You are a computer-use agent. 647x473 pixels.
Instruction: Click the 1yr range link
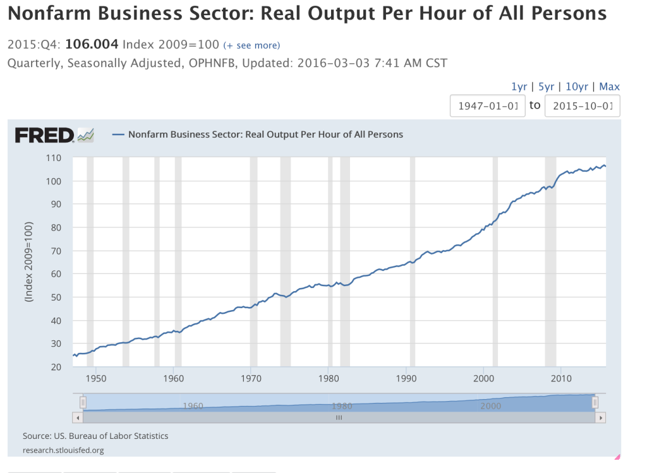pyautogui.click(x=519, y=87)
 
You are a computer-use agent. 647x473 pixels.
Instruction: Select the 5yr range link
pyautogui.click(x=546, y=87)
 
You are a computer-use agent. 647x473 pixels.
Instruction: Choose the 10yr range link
pyautogui.click(x=576, y=87)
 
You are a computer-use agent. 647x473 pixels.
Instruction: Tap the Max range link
pyautogui.click(x=609, y=87)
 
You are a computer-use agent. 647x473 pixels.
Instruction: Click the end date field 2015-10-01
pyautogui.click(x=582, y=105)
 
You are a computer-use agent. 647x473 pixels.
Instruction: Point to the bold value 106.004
pyautogui.click(x=92, y=45)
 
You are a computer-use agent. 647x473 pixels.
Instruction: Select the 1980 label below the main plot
pyautogui.click(x=329, y=378)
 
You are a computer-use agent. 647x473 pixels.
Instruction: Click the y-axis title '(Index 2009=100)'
pyautogui.click(x=29, y=261)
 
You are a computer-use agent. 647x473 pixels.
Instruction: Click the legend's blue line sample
pyautogui.click(x=118, y=135)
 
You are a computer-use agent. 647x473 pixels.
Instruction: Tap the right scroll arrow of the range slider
pyautogui.click(x=601, y=417)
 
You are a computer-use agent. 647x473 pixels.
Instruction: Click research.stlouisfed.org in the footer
pyautogui.click(x=63, y=450)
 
